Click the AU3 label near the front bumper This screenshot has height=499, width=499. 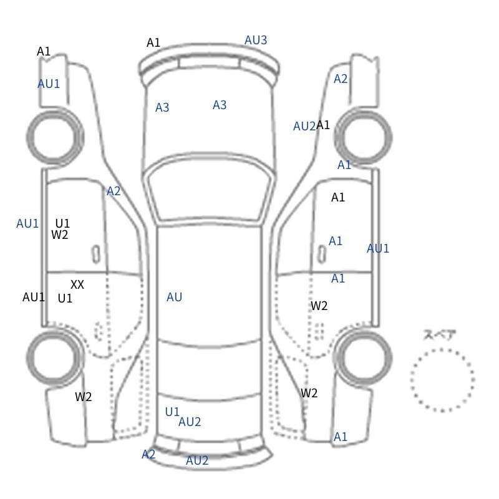click(256, 40)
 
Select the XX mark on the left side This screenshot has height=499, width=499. click(77, 284)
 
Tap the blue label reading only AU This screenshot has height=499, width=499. click(174, 297)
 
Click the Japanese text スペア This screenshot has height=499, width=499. click(435, 335)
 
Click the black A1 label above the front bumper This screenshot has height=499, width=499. click(153, 42)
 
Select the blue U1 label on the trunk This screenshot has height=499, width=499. click(172, 412)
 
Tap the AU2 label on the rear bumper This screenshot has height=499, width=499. click(197, 460)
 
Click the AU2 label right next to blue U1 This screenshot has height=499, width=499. click(190, 422)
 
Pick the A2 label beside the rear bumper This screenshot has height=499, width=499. click(148, 454)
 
